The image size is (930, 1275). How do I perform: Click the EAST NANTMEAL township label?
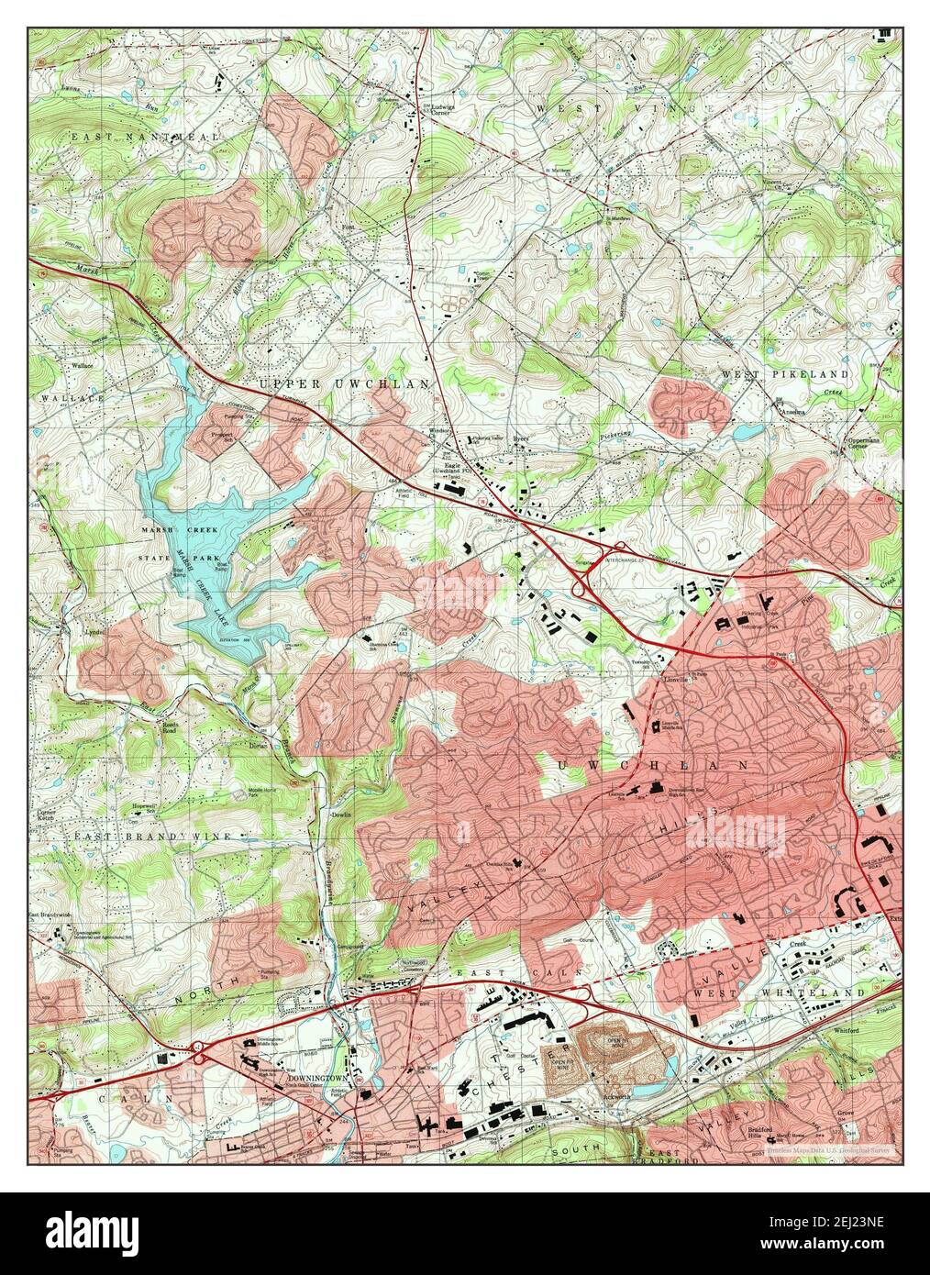[148, 137]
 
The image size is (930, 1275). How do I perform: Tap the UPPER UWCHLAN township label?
[343, 384]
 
